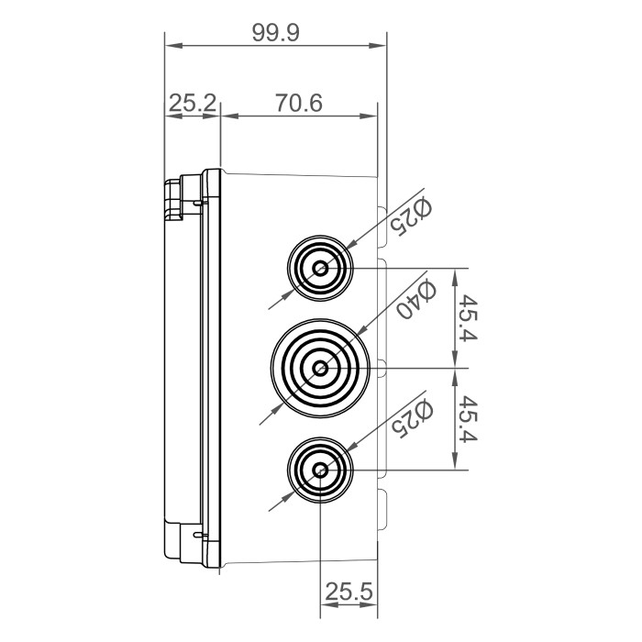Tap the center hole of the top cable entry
(x=320, y=269)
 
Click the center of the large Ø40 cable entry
(x=320, y=368)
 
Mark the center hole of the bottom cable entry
(x=320, y=470)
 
